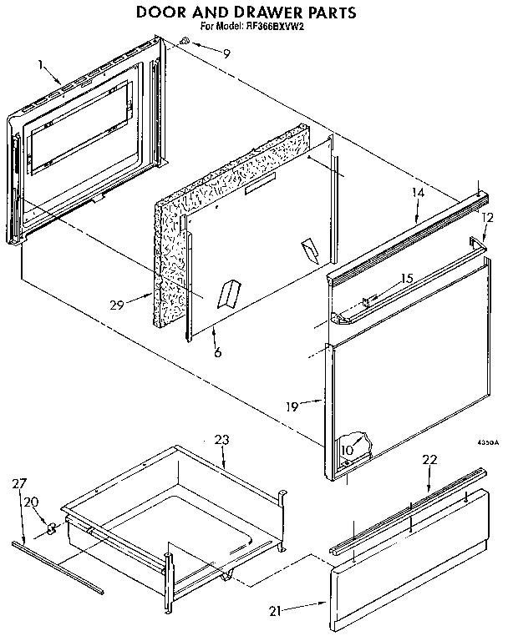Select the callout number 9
tap(226, 53)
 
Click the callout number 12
tap(488, 217)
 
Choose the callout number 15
tap(407, 278)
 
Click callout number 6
tap(216, 354)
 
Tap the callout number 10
tap(348, 451)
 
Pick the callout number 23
tap(221, 440)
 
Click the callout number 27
tap(20, 483)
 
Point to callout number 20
tap(30, 502)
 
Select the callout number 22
tap(429, 460)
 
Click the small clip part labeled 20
tap(53, 527)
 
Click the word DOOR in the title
tap(160, 13)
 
